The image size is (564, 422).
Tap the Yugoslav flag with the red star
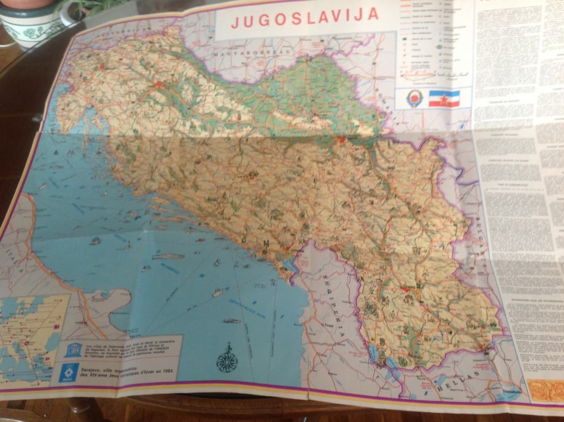[x=444, y=98]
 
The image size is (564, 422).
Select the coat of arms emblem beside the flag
[x=414, y=98]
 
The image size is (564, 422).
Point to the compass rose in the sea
[x=226, y=361]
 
